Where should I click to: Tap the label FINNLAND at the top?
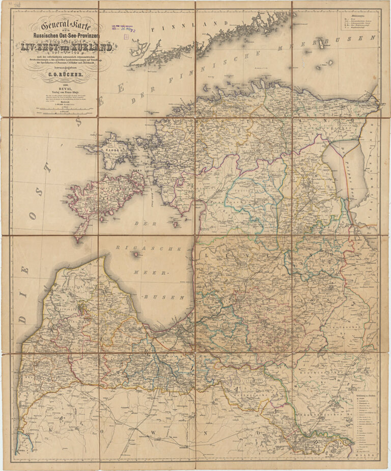click(214, 23)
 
